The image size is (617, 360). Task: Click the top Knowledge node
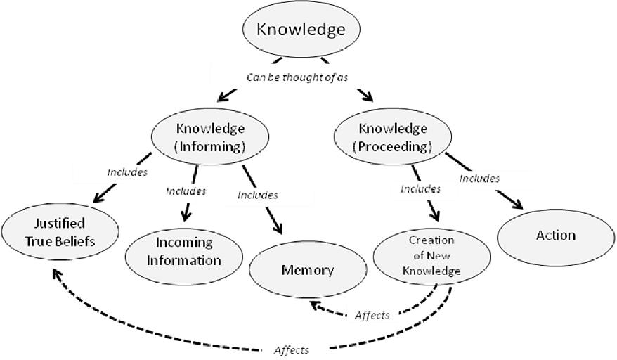pos(301,30)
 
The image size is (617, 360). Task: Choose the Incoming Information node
pos(184,251)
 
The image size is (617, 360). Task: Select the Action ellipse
pos(556,236)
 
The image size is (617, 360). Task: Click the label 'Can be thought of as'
pos(297,77)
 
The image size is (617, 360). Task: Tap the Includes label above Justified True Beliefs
pos(126,171)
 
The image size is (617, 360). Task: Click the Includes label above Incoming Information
pos(186,191)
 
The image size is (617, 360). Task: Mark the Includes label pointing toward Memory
pos(257,195)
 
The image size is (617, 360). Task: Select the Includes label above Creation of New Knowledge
pos(420,188)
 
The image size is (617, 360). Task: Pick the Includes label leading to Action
pos(479,178)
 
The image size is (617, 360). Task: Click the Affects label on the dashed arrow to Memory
pos(372,315)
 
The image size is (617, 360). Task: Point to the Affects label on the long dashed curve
pos(290,349)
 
